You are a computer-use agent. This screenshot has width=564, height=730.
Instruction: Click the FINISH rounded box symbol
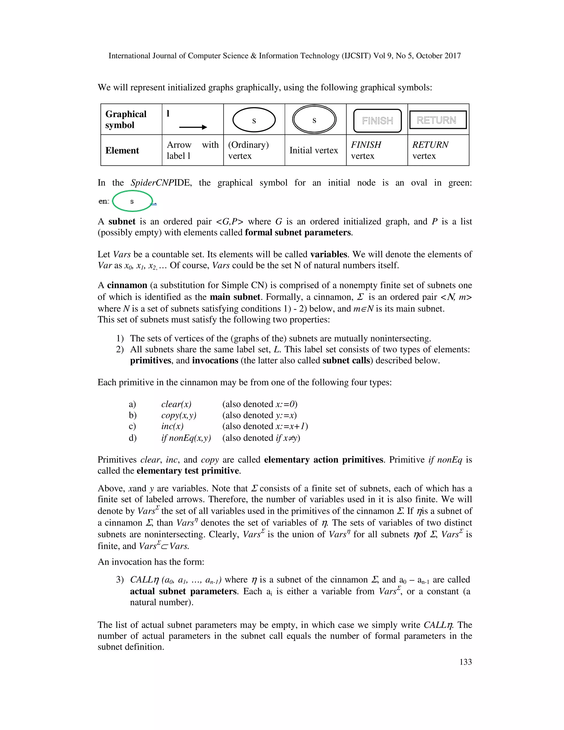click(x=377, y=121)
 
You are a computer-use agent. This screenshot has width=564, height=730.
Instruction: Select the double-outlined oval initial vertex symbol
click(x=314, y=120)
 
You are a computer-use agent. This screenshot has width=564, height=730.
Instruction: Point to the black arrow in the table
click(x=193, y=127)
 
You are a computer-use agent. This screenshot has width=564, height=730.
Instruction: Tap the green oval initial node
click(x=132, y=201)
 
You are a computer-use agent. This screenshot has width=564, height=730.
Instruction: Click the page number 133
click(x=465, y=662)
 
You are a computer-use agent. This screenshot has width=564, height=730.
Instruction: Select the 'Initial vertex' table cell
click(x=313, y=150)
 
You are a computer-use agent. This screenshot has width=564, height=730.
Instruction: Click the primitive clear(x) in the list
click(x=176, y=404)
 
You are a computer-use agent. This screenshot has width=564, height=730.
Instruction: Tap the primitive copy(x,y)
click(x=179, y=415)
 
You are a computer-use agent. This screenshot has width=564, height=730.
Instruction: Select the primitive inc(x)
click(x=172, y=426)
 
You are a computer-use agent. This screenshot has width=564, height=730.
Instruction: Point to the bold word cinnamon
click(x=127, y=285)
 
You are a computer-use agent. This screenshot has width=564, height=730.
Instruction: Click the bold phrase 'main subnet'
click(x=235, y=297)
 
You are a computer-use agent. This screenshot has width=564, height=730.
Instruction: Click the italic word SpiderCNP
click(x=151, y=183)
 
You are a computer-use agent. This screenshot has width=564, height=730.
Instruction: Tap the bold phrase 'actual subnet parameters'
click(x=183, y=591)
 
